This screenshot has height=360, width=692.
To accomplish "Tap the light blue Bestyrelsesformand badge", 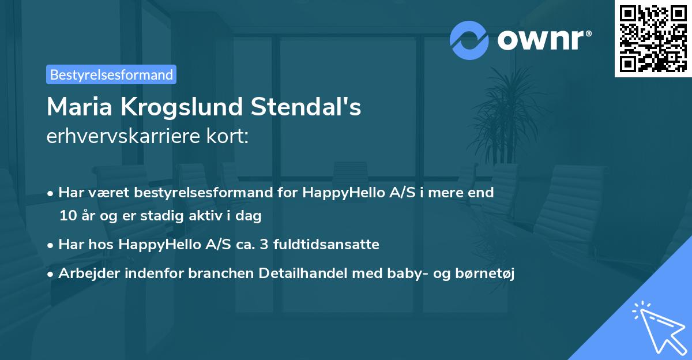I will (x=111, y=74).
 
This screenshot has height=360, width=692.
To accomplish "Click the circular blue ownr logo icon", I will (x=468, y=40).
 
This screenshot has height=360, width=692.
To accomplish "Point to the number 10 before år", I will (x=67, y=216).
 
